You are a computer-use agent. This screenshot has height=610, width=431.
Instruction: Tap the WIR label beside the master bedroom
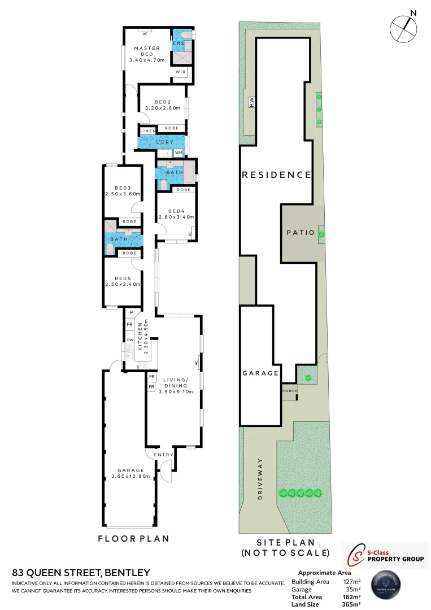click(x=180, y=72)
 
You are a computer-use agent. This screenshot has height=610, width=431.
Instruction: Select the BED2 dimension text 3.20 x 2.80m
click(x=162, y=108)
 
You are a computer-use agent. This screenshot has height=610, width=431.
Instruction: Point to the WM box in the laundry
click(x=179, y=152)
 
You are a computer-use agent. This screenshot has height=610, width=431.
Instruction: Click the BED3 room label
click(x=122, y=188)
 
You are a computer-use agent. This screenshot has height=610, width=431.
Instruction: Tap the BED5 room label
click(x=122, y=278)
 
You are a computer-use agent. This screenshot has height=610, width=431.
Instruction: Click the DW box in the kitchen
click(x=129, y=339)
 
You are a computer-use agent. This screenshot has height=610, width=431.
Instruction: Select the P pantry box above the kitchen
click(x=131, y=312)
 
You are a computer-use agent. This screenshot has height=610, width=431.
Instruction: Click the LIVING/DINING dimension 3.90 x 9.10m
click(x=176, y=391)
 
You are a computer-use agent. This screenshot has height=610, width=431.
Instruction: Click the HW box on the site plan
click(x=251, y=102)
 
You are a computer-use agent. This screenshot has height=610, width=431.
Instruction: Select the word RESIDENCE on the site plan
click(x=276, y=175)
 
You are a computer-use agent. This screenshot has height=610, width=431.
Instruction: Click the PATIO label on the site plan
click(x=300, y=232)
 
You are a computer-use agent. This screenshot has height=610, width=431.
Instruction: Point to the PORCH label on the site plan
click(x=289, y=390)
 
